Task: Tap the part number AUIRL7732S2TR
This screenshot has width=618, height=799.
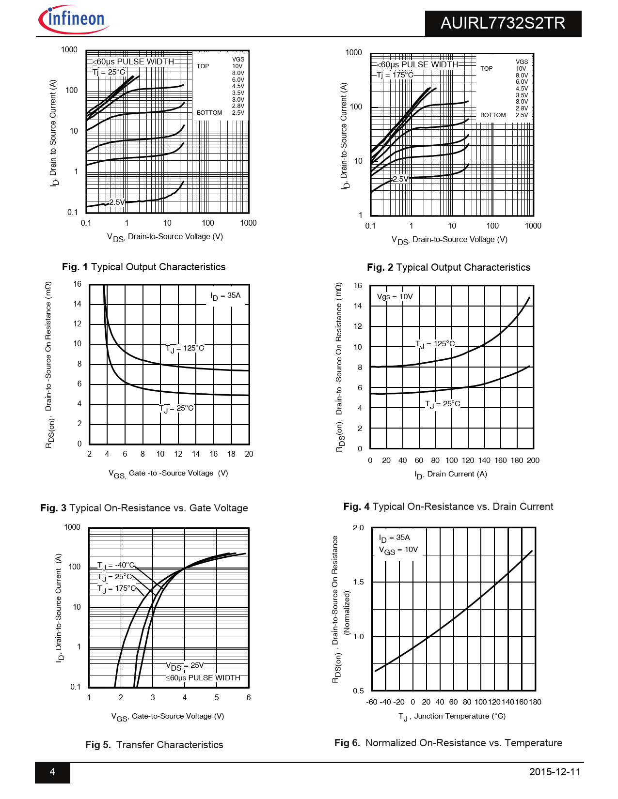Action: [503, 23]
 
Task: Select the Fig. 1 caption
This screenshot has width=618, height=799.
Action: [143, 267]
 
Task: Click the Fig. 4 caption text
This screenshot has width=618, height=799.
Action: [448, 507]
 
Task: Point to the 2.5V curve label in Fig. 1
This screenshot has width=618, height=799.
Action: [117, 202]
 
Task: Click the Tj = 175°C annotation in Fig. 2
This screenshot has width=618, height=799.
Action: [396, 75]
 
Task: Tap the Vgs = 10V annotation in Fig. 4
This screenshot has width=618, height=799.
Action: [395, 297]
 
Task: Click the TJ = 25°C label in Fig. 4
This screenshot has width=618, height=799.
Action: [443, 404]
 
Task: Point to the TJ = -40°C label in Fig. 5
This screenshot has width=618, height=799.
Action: [116, 565]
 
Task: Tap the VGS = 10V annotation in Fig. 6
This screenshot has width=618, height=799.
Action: [398, 550]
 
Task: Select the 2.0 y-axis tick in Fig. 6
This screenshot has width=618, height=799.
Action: [358, 528]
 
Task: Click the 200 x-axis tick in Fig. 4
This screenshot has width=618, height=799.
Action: [533, 461]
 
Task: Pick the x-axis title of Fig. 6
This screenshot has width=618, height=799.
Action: [452, 716]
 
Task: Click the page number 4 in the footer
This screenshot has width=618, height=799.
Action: [52, 772]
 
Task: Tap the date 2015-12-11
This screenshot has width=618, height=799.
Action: [555, 772]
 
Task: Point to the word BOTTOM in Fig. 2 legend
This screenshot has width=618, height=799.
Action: [493, 115]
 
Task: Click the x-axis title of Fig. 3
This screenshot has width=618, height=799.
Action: [168, 474]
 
